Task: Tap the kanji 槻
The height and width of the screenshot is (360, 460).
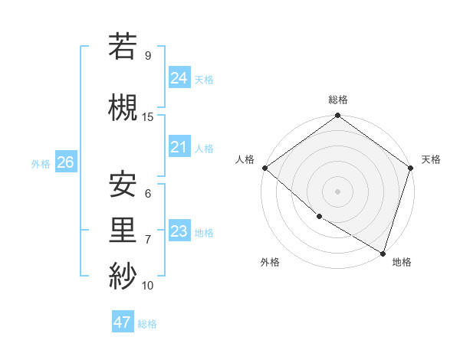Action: pos(123,107)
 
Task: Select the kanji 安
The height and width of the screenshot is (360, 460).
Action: pos(123,185)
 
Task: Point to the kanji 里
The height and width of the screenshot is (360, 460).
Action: pos(123,231)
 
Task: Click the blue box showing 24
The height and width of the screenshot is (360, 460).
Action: pos(179,77)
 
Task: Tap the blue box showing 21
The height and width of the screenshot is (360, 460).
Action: pos(179,147)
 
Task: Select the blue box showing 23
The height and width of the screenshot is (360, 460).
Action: pos(179,231)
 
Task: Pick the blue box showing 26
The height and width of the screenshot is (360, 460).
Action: pos(65,162)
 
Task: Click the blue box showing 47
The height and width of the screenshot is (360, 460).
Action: pos(123,322)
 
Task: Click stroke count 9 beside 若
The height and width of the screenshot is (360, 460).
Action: pos(148,56)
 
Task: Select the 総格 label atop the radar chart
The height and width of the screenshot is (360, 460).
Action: pos(337,100)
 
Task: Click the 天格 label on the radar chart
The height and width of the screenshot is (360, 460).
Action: pos(431,159)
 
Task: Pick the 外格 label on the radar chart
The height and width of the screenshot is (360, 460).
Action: pos(270,262)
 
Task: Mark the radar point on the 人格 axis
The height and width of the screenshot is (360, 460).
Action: pos(264,168)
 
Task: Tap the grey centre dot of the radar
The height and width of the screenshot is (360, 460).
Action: pos(337,191)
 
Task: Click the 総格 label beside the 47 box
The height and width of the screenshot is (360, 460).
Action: pos(147,324)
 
